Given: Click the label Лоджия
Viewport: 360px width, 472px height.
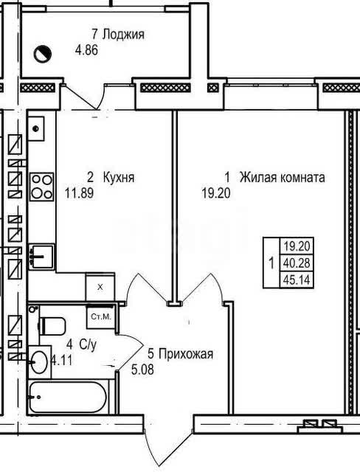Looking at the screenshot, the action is tap(123, 35).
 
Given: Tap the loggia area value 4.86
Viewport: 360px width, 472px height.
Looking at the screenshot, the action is tap(86, 49).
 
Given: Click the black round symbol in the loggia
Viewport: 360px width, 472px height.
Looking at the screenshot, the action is tap(42, 54).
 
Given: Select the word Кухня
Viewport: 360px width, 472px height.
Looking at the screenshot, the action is tap(119, 177).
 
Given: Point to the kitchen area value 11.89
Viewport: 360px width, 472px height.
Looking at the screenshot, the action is tap(79, 193).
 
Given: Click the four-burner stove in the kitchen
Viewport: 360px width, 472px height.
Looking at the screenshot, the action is tap(41, 187).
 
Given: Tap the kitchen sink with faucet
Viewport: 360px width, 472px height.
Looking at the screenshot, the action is tap(41, 256).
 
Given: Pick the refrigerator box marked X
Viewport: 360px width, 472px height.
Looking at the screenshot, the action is tap(100, 287).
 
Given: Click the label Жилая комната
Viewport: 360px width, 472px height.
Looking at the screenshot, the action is tap(282, 177).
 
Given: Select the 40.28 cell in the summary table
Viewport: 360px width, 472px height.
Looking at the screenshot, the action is tap(297, 263).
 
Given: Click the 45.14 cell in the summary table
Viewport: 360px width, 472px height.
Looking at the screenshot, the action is tap(297, 280).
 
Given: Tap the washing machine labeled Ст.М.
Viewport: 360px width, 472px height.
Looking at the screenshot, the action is tap(101, 316).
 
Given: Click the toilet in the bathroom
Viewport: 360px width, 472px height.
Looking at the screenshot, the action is tap(52, 326).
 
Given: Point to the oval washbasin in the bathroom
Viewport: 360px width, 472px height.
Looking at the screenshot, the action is tap(39, 362).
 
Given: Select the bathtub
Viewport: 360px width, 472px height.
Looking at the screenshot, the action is tap(68, 397).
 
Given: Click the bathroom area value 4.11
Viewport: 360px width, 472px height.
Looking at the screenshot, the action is tap(62, 361).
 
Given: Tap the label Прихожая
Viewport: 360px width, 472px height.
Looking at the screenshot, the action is tap(180, 354).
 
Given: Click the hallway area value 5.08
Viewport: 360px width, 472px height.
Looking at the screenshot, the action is tap(142, 369).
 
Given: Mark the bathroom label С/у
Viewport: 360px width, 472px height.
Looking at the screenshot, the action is tap(88, 344).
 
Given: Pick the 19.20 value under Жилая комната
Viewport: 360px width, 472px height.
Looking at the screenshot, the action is tap(216, 193).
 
